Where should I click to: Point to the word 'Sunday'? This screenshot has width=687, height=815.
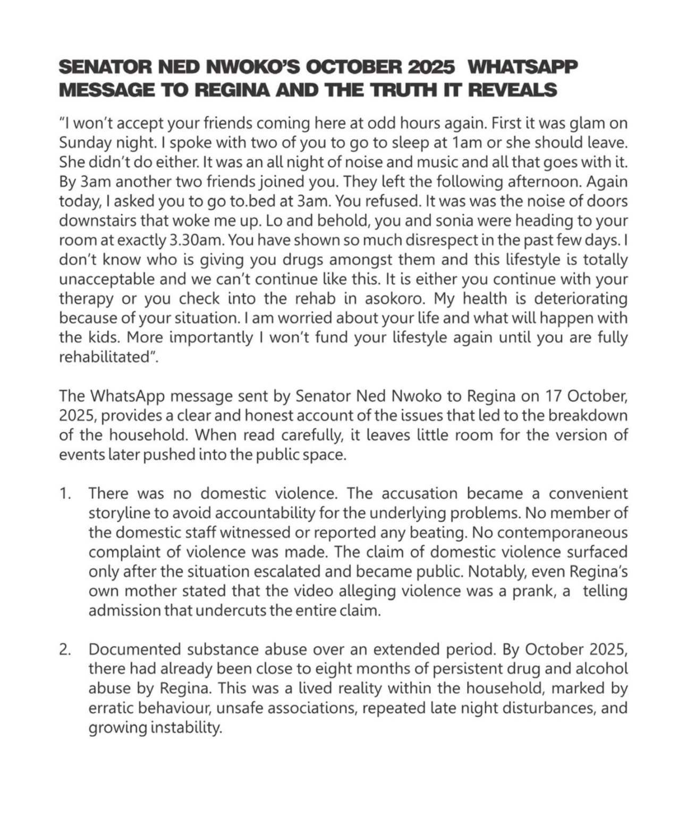pos(85,143)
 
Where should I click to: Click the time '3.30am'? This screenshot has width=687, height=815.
pos(198,240)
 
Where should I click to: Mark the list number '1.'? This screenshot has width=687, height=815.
pos(65,493)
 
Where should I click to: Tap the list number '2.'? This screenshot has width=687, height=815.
pos(65,649)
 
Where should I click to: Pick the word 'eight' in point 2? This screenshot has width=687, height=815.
pos(313,668)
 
